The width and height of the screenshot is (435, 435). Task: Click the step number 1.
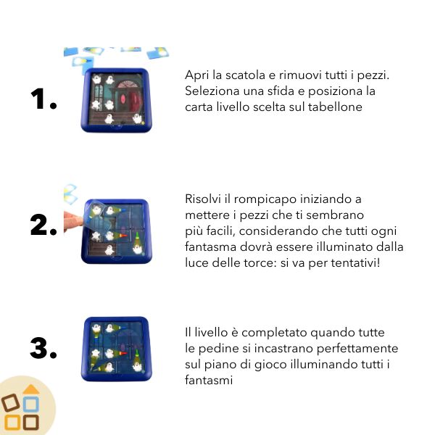pyautogui.click(x=43, y=99)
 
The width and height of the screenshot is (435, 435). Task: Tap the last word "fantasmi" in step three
pyautogui.click(x=209, y=380)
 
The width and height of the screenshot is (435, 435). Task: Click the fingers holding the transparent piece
pyautogui.click(x=72, y=221)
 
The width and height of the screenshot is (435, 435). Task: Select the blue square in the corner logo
pyautogui.click(x=31, y=405)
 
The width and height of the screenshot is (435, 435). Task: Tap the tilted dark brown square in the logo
pyautogui.click(x=11, y=402)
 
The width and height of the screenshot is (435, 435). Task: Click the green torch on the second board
pyautogui.click(x=137, y=238)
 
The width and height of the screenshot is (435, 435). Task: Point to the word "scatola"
pyautogui.click(x=245, y=75)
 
